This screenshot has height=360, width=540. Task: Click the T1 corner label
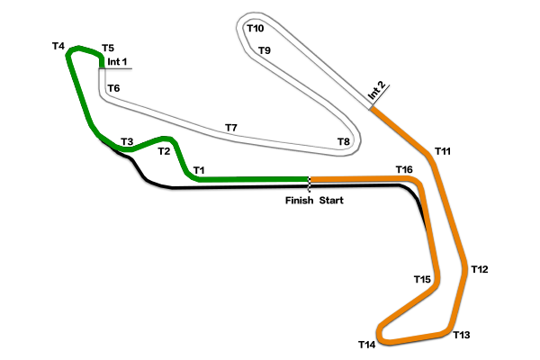(199, 170)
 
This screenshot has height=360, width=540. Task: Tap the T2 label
(164, 151)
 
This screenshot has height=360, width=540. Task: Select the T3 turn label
(127, 141)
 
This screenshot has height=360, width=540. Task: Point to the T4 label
(58, 46)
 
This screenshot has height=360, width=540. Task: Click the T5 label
(108, 48)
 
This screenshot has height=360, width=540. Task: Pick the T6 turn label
(113, 88)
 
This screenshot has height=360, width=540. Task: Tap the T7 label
(231, 128)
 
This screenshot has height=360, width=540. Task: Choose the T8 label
(344, 141)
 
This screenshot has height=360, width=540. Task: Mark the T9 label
(264, 50)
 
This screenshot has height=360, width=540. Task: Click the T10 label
(256, 28)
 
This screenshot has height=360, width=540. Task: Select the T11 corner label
(443, 151)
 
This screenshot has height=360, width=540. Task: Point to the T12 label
(480, 269)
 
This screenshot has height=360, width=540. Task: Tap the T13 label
(461, 335)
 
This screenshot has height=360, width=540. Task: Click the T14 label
(367, 345)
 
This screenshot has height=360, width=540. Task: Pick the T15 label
(422, 279)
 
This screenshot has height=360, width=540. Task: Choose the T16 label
(404, 169)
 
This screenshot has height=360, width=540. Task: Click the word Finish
(300, 201)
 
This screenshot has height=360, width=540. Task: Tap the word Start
(331, 201)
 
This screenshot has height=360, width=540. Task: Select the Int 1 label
(117, 62)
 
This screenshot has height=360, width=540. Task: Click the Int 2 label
(376, 91)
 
